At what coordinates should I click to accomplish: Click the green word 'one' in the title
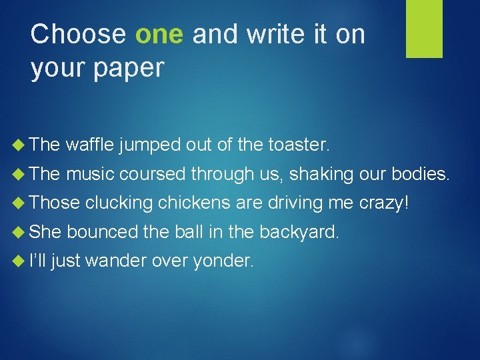pos(159,35)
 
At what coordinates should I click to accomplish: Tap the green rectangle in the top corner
pos(424,29)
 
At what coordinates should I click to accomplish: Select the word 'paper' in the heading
pos(131,68)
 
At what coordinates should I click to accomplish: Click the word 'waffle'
pos(90,145)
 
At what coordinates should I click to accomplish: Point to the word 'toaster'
pos(297,145)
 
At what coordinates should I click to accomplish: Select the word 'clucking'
pos(119,203)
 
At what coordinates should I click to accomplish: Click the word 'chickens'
pos(194,203)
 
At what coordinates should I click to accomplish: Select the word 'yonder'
pos(222,261)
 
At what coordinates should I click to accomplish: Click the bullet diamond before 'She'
pos(20,231)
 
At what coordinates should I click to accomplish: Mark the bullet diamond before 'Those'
pos(20,203)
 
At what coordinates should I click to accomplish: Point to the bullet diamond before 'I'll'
pos(20,261)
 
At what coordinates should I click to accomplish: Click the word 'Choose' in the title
pos(78,35)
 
